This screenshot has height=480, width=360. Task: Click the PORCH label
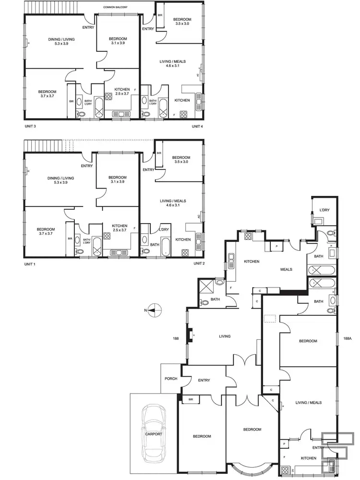[x=170, y=379]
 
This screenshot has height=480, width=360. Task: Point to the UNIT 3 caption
[x=30, y=126]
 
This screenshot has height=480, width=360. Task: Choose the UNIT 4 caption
[x=198, y=126]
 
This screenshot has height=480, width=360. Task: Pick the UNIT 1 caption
[x=30, y=264]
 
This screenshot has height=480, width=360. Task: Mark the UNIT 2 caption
[x=199, y=264]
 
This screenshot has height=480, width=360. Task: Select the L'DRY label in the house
[x=324, y=210]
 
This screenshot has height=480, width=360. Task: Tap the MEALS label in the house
[x=287, y=269]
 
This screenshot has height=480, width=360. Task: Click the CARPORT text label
[x=154, y=434]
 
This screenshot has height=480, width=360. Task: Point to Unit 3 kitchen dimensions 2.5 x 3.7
[x=123, y=94]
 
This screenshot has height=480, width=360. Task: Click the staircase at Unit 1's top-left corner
[x=44, y=145]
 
